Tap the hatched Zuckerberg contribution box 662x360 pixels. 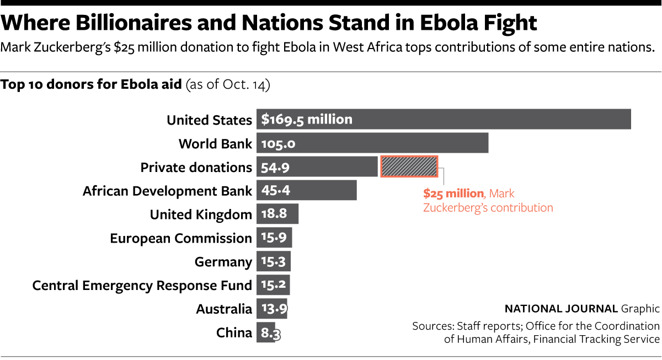click(409, 166)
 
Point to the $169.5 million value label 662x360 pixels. click(307, 119)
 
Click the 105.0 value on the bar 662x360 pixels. click(279, 143)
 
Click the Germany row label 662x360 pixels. click(223, 262)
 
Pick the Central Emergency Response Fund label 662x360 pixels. click(142, 286)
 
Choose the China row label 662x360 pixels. click(234, 333)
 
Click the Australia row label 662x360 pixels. click(224, 309)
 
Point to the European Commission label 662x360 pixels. click(181, 238)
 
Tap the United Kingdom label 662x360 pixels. click(201, 214)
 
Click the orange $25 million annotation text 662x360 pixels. click(453, 194)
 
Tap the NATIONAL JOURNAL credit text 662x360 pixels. click(561, 309)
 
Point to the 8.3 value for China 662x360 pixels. click(270, 333)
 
